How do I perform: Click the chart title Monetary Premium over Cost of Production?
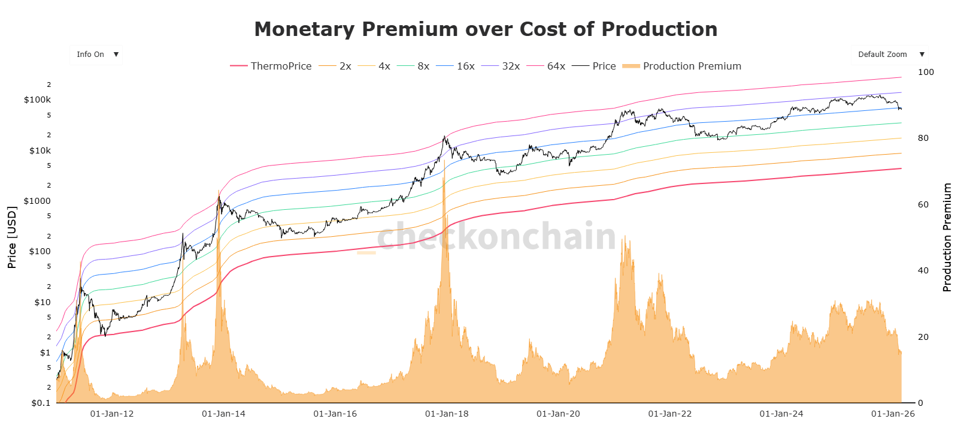(486, 29)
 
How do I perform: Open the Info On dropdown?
(96, 55)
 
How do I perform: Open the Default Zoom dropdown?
(889, 55)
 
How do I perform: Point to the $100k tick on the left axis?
(37, 100)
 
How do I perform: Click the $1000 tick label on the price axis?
(37, 201)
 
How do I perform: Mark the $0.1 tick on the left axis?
(41, 403)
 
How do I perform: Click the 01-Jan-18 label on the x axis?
(447, 414)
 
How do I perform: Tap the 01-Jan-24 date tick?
(781, 414)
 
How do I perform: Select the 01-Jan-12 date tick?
(112, 414)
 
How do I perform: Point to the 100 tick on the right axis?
(926, 72)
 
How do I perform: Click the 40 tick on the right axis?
(923, 270)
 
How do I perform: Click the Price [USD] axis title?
(12, 237)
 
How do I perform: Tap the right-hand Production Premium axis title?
(947, 237)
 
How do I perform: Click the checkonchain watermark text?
(496, 236)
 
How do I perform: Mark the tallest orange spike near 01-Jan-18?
(444, 180)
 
